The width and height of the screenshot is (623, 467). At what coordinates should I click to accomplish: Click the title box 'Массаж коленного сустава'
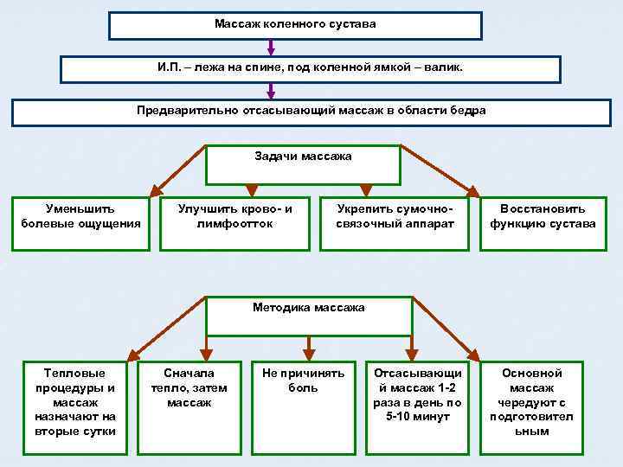pos(295,25)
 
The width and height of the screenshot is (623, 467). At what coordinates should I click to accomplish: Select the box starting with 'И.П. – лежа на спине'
pos(310,69)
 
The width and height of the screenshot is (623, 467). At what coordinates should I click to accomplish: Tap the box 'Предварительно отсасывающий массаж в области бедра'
pos(311,112)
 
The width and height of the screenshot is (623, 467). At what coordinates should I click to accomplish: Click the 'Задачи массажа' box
pos(303,164)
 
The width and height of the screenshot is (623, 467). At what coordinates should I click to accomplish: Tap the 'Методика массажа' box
pos(308,315)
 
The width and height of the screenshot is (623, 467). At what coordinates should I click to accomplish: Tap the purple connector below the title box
pos(296,47)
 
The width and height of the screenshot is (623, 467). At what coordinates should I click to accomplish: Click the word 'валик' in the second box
pos(446,67)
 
